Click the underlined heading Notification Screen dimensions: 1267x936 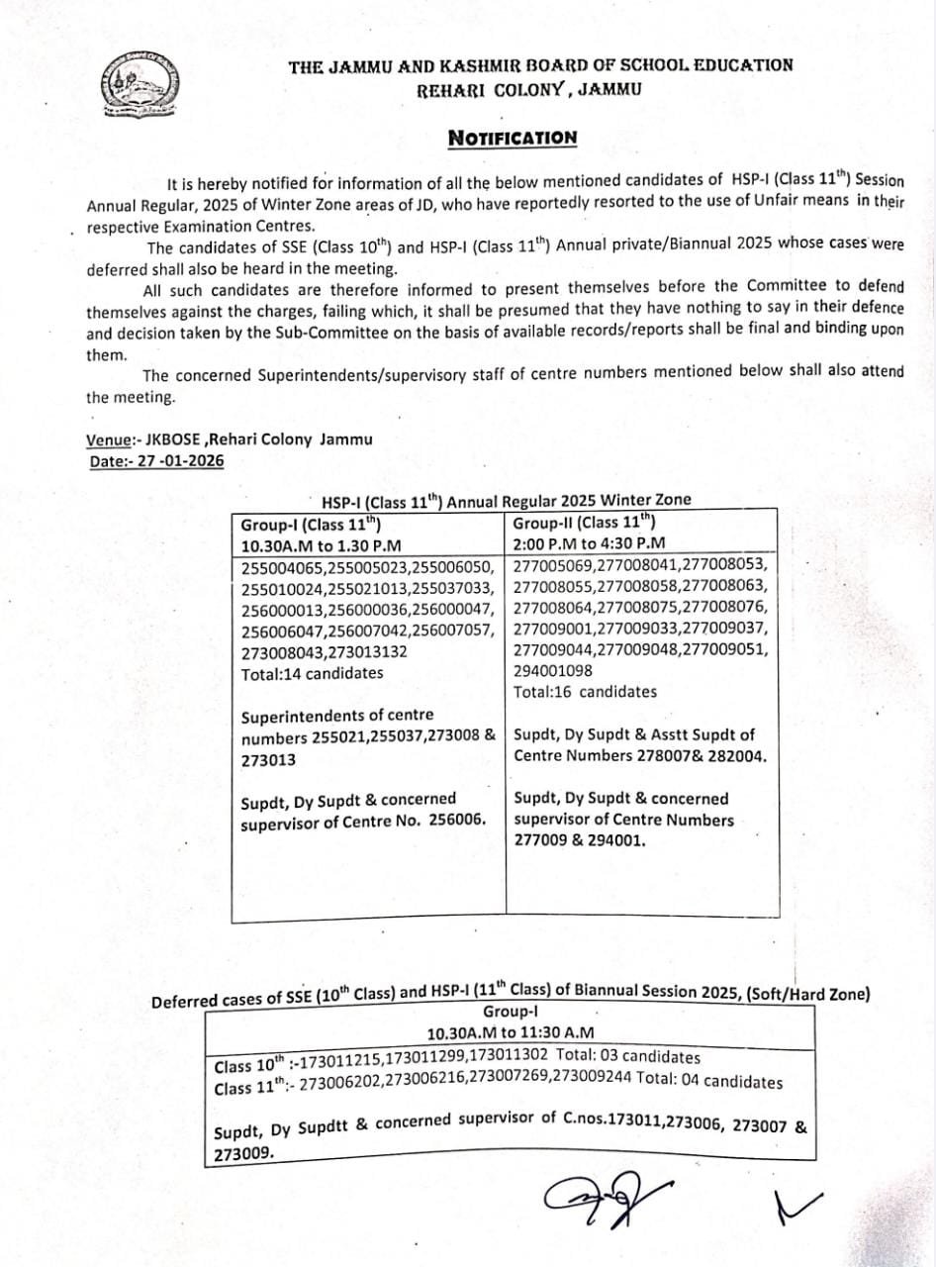coord(512,138)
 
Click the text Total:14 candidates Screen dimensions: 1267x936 coord(312,673)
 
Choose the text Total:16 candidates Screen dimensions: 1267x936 coord(585,692)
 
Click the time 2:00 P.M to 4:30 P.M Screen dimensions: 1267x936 coord(590,543)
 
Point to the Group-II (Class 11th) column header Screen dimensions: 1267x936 coord(583,523)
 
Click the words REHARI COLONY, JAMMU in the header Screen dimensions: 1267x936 coord(528,89)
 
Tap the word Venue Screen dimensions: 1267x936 coord(109,440)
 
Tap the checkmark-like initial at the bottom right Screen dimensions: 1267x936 coord(800,1204)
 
